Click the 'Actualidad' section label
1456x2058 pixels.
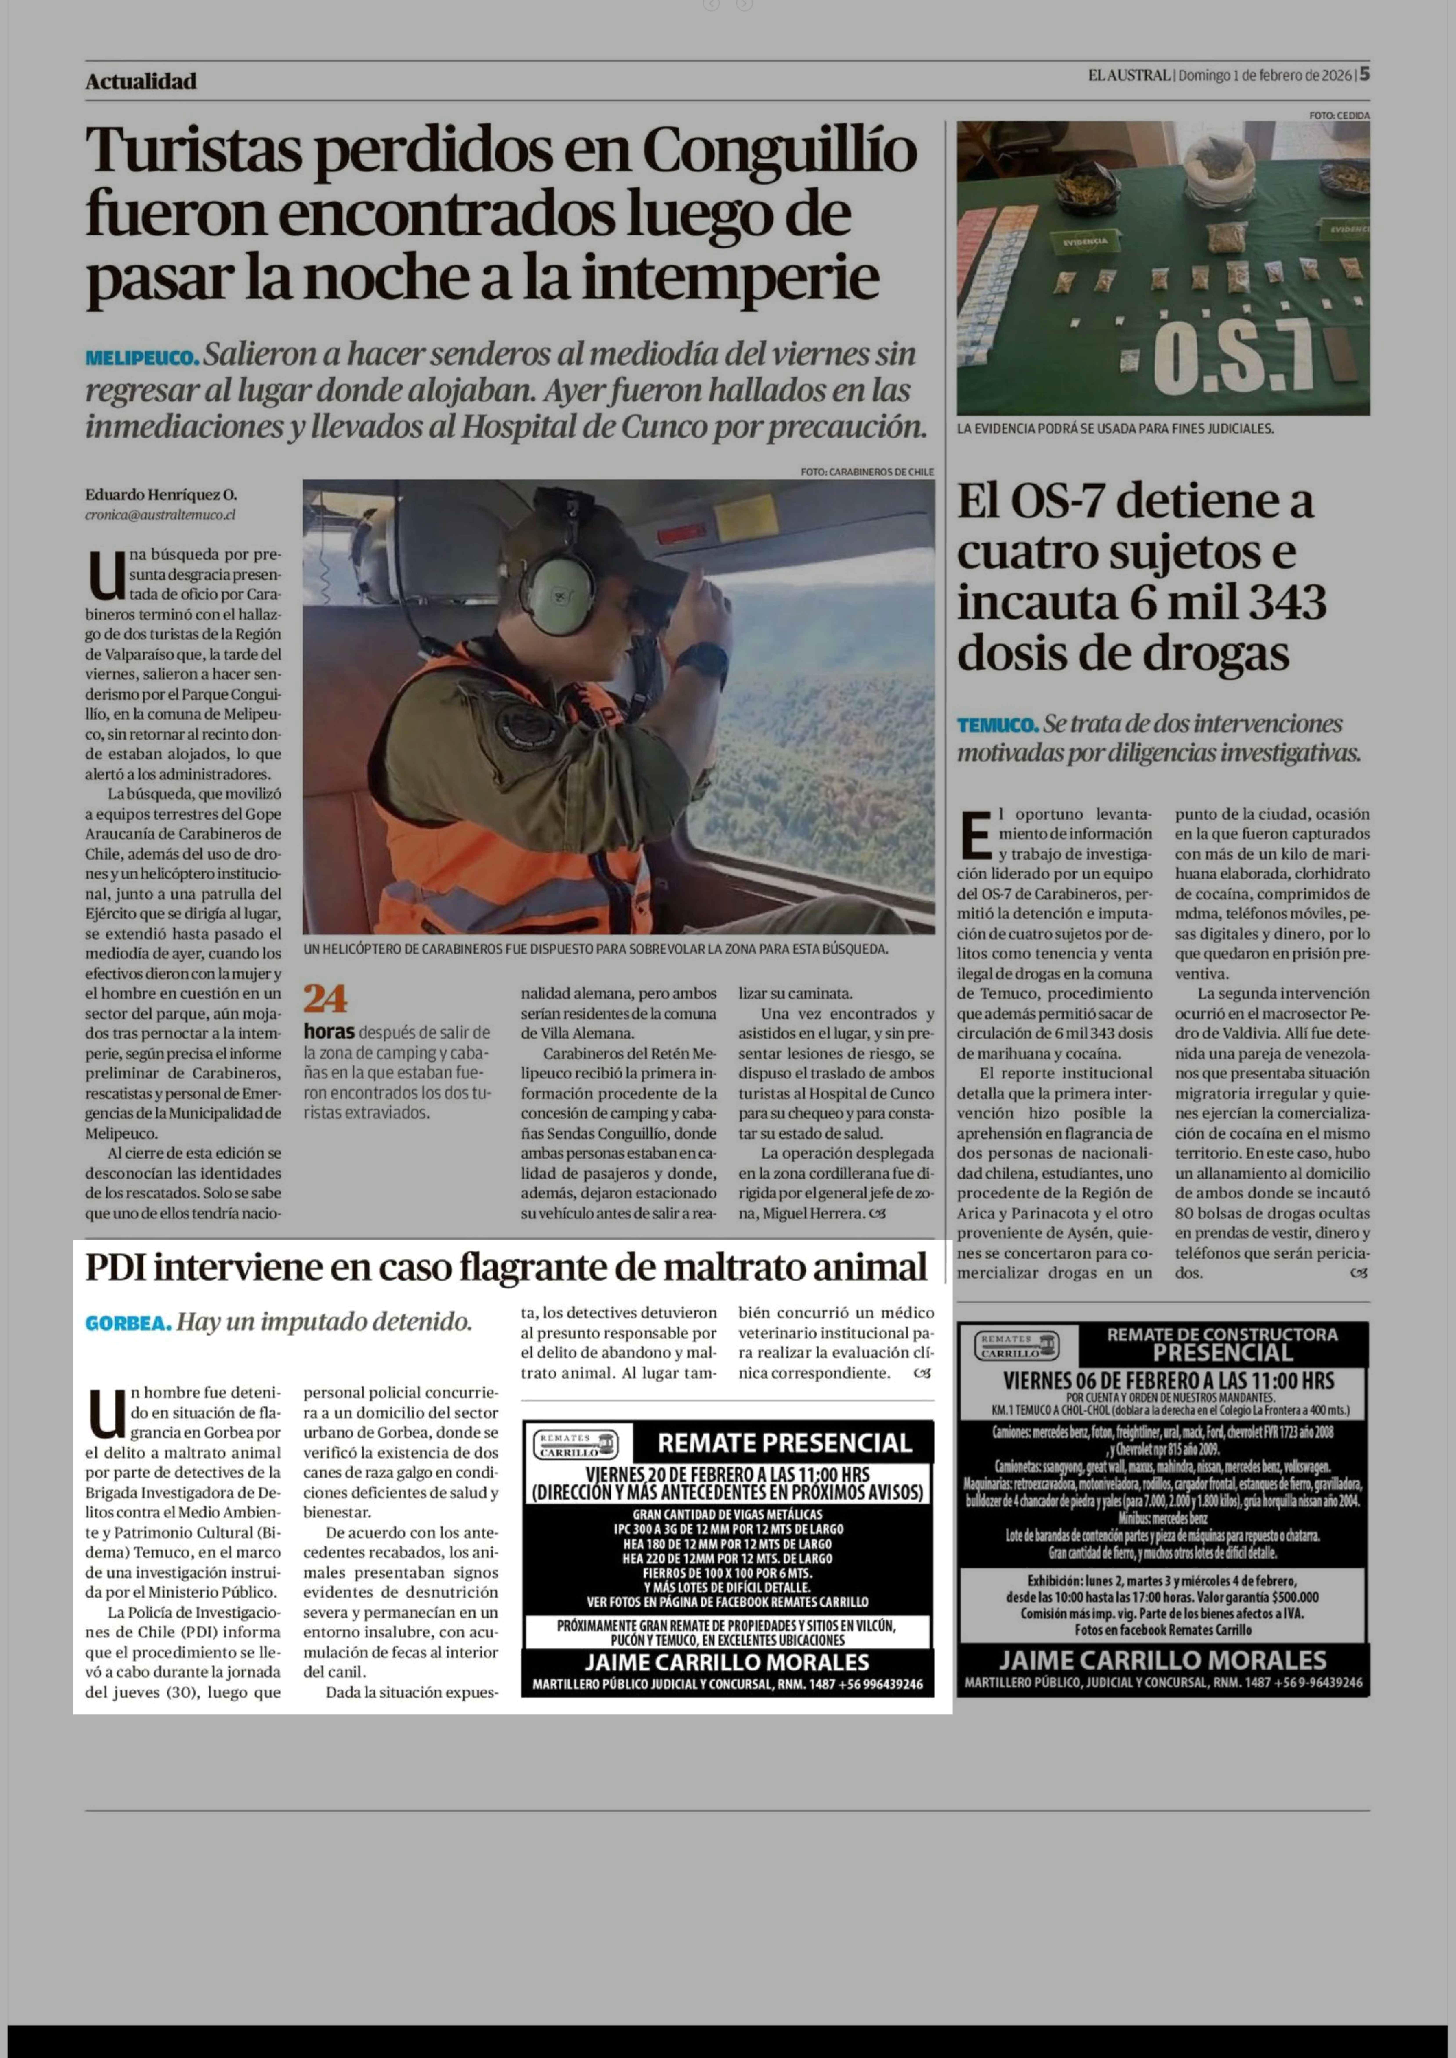(x=141, y=82)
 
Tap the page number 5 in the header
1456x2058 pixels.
(x=1365, y=74)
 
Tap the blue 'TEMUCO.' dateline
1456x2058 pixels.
(x=997, y=724)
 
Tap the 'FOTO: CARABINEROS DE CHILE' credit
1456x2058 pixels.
(x=867, y=472)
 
